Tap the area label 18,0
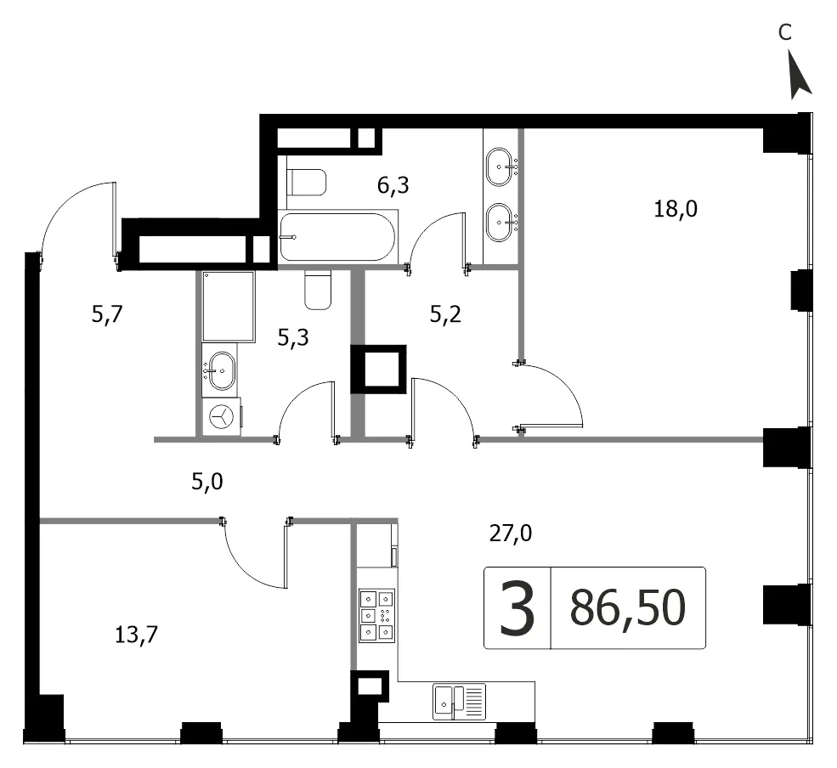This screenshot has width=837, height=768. tap(676, 209)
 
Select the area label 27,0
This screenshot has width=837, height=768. tap(511, 534)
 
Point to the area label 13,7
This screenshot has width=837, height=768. tap(136, 635)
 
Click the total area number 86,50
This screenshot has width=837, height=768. tap(628, 607)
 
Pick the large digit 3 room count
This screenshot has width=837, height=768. tap(517, 608)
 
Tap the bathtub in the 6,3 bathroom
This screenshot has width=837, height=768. tap(337, 237)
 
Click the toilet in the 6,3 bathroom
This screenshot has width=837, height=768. tap(307, 182)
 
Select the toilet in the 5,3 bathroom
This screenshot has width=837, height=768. tap(318, 289)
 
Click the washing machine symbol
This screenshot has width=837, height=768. tap(221, 416)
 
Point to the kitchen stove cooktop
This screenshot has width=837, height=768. tap(377, 615)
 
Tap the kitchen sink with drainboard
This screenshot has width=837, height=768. tap(459, 701)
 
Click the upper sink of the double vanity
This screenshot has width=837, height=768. tap(501, 167)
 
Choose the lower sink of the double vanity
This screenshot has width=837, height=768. tap(501, 222)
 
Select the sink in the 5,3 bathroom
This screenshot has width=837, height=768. tap(220, 371)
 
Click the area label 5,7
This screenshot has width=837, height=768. tap(107, 314)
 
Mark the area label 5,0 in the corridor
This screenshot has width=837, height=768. tap(207, 482)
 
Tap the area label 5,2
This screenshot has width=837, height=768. tap(445, 314)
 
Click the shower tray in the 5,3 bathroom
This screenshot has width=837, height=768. tap(228, 306)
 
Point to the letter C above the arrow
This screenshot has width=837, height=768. tap(784, 33)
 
